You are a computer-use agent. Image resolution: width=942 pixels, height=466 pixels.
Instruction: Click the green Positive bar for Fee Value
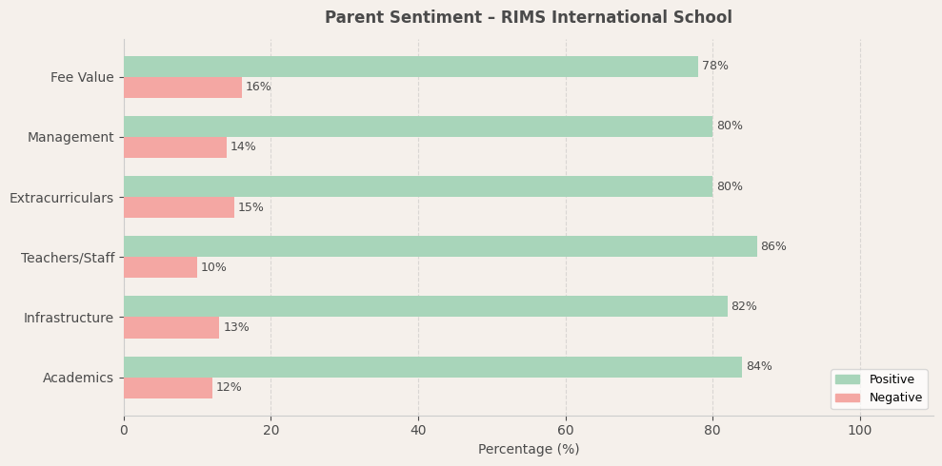point(411,67)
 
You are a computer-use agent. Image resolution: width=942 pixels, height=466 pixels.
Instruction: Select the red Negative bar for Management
point(175,147)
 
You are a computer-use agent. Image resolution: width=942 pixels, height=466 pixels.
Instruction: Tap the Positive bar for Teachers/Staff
point(440,246)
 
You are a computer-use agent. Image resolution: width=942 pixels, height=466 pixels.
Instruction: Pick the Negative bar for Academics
point(168,388)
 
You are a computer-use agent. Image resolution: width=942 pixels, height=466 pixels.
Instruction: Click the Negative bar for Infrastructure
point(171,328)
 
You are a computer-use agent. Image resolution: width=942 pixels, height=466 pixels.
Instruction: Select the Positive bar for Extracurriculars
point(418,186)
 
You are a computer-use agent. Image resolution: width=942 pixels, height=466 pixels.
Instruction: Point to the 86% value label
point(773,247)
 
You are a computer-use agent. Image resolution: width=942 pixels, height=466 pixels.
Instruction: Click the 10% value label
point(213,268)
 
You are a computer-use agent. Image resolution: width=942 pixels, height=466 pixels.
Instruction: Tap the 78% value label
point(715,67)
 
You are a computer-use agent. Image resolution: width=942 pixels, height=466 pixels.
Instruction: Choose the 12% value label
point(229,388)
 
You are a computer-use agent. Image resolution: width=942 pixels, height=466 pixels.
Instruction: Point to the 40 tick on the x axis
point(418,431)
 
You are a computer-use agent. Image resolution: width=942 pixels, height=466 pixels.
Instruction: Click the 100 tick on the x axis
point(860,431)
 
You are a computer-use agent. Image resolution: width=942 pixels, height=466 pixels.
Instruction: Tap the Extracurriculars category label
point(61,198)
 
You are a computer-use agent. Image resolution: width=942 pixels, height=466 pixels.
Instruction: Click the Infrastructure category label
point(69,318)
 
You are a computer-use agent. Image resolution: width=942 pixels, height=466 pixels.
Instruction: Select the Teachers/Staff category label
point(68,258)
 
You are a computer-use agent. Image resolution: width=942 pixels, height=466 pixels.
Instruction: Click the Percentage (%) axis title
point(529,450)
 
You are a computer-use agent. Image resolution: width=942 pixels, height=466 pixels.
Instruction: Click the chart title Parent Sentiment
point(529,18)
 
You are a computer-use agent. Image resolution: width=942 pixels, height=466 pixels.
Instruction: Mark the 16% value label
point(258,87)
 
